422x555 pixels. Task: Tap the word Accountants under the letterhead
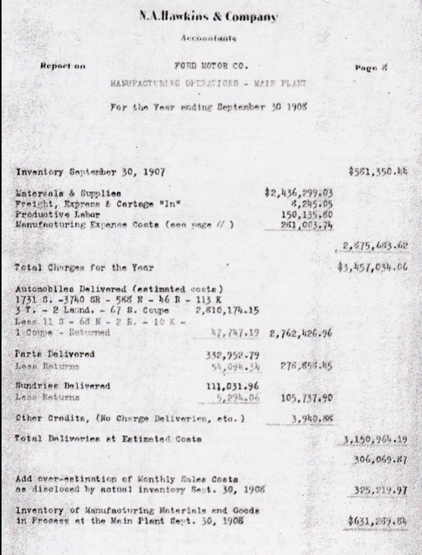[x=208, y=39]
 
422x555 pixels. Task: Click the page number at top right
[x=372, y=67]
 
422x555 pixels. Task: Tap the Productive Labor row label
[x=59, y=215]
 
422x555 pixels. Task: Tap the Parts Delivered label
[x=55, y=354]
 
